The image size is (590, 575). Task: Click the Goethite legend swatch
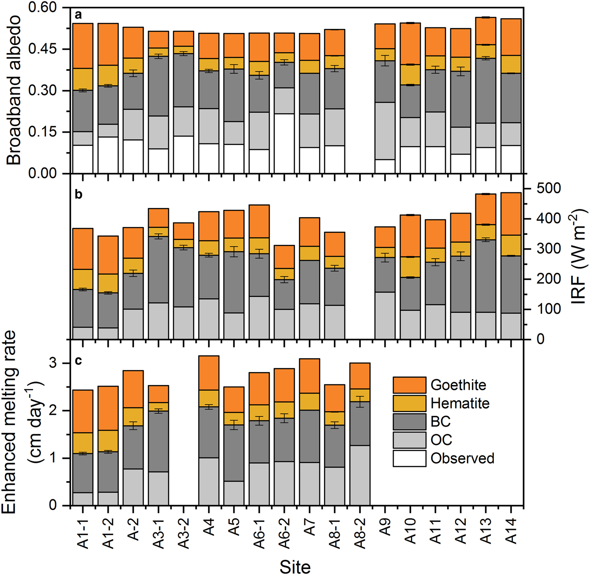point(409,385)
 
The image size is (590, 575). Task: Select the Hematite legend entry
point(460,403)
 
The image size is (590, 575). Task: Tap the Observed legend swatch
point(409,458)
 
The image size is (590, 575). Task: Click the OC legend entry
point(441,440)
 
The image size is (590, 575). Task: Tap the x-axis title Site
point(295,567)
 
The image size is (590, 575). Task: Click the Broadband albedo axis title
point(14,90)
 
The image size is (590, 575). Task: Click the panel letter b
point(78,194)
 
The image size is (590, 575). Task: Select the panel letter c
point(78,361)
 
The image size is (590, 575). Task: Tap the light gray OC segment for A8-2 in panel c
point(360,475)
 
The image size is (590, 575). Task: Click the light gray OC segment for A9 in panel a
point(385,131)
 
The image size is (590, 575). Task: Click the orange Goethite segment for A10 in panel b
point(410,236)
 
